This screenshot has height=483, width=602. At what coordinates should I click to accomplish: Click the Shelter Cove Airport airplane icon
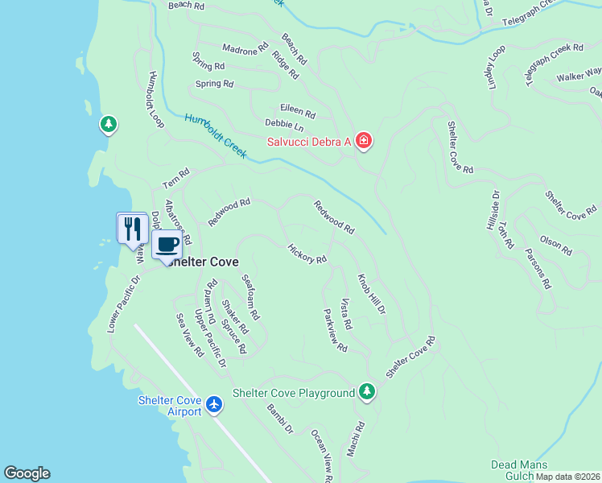coord(214,403)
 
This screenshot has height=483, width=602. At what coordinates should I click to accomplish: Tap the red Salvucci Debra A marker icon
coord(364,142)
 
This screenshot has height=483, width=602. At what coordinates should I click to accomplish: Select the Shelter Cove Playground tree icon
coord(367,392)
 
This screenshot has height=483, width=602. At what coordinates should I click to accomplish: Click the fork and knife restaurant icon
coord(130,228)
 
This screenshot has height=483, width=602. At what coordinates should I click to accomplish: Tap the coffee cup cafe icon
coord(167,244)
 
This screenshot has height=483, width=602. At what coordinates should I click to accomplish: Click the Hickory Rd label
coord(307,254)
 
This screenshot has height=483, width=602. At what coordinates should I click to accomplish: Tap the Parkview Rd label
coord(334,330)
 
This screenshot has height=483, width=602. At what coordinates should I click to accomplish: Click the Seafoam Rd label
coord(251,297)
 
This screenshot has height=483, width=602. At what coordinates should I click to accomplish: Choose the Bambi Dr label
coord(280,418)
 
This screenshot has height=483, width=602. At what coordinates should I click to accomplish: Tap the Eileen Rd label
coord(297,109)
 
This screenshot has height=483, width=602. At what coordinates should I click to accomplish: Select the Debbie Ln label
coord(284,126)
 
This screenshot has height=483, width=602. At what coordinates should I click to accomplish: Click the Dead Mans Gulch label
coord(519,470)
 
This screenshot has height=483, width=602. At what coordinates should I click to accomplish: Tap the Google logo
coord(27,473)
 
